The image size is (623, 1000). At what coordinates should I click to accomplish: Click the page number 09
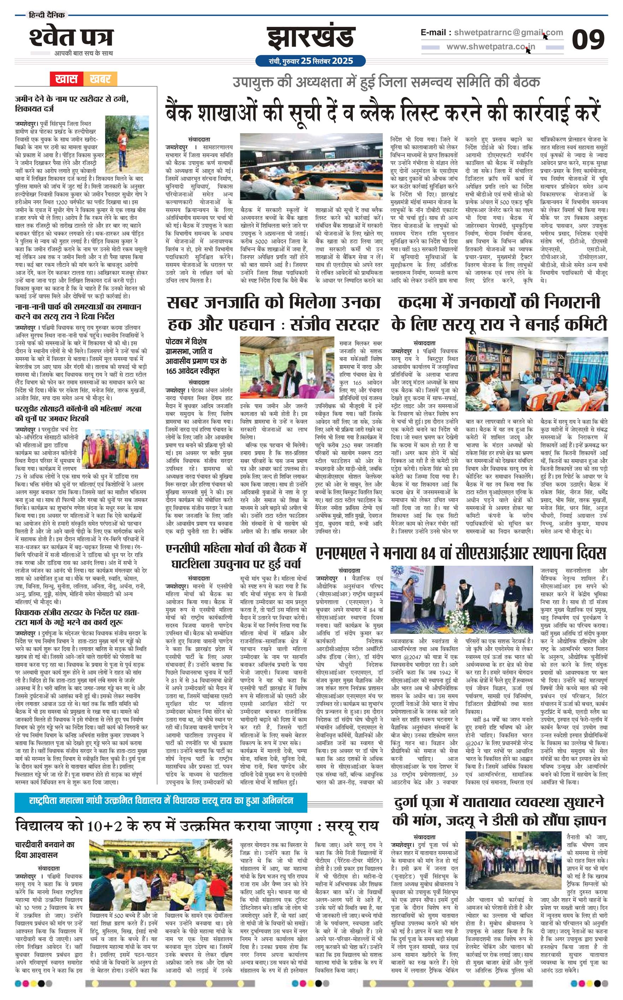[x=588, y=40]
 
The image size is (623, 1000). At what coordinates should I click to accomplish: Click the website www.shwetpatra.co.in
[x=491, y=47]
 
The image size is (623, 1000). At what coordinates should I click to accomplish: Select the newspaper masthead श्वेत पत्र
[x=71, y=38]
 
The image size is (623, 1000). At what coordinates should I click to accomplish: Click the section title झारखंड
[x=311, y=38]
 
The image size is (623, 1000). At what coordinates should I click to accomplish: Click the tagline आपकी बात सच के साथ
[x=83, y=53]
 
